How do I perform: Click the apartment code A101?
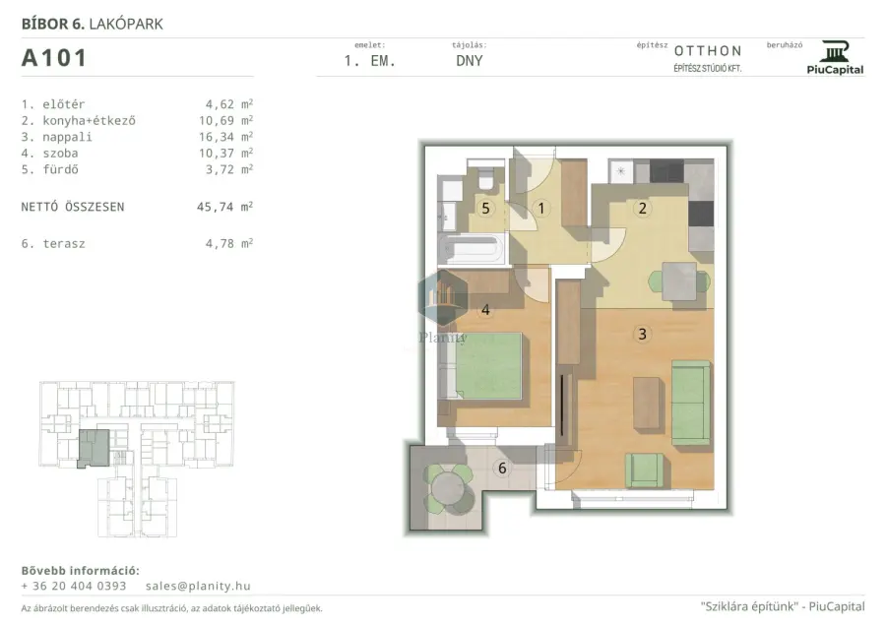pyautogui.click(x=54, y=58)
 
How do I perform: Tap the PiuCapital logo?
pyautogui.click(x=835, y=58)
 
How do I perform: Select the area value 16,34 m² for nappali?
pyautogui.click(x=225, y=137)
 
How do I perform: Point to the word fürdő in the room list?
pyautogui.click(x=60, y=169)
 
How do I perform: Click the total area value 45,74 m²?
pyautogui.click(x=224, y=207)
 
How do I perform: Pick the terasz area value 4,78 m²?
pyautogui.click(x=228, y=243)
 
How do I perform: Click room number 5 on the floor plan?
pyautogui.click(x=485, y=209)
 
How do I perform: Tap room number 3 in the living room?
pyautogui.click(x=642, y=335)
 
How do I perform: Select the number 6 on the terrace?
pyautogui.click(x=502, y=469)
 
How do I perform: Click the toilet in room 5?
pyautogui.click(x=485, y=178)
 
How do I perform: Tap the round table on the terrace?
pyautogui.click(x=448, y=488)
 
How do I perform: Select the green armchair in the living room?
pyautogui.click(x=644, y=470)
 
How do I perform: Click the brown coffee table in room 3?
pyautogui.click(x=647, y=404)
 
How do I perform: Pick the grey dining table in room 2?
pyautogui.click(x=679, y=282)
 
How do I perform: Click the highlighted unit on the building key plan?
pyautogui.click(x=94, y=448)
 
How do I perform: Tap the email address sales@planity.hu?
pyautogui.click(x=198, y=587)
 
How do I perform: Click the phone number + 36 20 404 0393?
pyautogui.click(x=74, y=587)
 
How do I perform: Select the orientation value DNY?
pyautogui.click(x=469, y=61)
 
